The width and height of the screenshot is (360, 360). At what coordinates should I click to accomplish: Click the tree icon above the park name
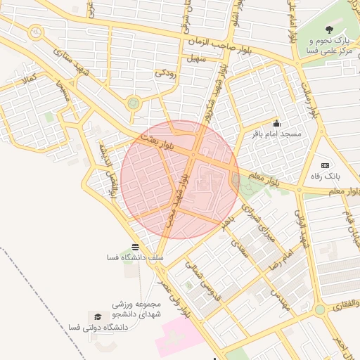coord(329,29)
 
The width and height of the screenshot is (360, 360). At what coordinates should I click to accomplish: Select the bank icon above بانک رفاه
coord(324,165)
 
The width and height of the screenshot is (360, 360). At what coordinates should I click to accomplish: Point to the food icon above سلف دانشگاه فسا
coord(134,247)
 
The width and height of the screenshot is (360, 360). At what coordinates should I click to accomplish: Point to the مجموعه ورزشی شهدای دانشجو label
coord(137,309)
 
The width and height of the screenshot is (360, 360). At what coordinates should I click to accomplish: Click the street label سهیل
coord(195,60)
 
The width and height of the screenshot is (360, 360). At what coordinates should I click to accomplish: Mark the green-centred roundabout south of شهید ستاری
coord(133,103)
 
